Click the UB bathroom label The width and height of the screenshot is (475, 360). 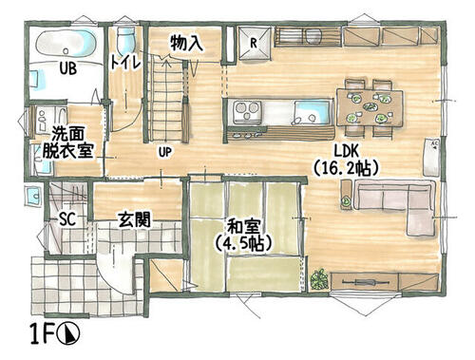pos(68,68)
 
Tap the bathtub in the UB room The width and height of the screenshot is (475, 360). pos(66,44)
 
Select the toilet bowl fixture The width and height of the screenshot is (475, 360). pos(125,40)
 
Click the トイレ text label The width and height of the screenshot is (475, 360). pos(125,63)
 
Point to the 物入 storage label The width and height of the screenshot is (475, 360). pos(186,43)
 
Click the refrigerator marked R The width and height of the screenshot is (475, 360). pos(255,44)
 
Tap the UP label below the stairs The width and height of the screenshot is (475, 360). pos(165,153)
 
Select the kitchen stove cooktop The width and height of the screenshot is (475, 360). pos(247,111)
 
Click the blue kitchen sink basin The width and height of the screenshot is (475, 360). pos(312,112)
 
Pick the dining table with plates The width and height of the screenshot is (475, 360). pos(370,107)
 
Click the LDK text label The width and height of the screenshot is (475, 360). pos(346,151)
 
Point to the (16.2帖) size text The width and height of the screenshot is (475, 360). pos(346,168)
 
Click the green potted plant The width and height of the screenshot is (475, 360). pos(319,279)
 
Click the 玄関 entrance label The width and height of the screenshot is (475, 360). pos(134,219)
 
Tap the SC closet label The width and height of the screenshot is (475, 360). pos(67,218)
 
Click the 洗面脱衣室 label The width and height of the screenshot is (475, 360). pos(67,142)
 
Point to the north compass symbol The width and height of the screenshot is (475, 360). pos(68,333)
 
